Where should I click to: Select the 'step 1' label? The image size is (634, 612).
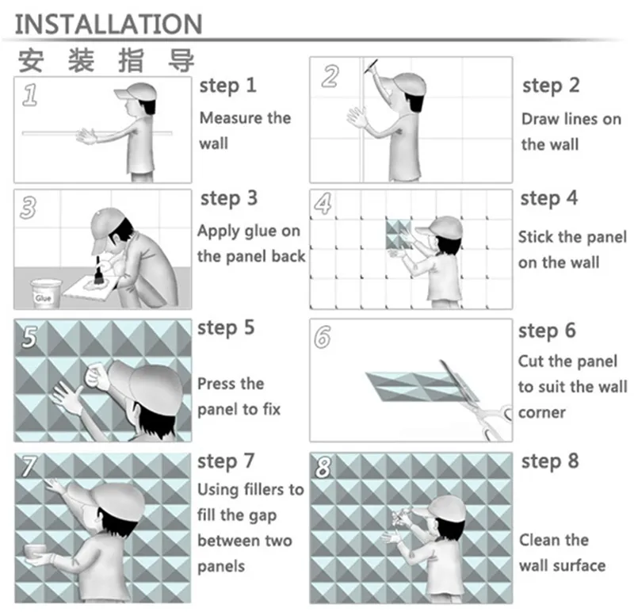(x=227, y=85)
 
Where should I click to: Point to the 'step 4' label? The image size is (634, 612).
(x=549, y=198)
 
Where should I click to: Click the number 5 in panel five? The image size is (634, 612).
(x=29, y=337)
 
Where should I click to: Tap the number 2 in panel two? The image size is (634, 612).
(x=330, y=76)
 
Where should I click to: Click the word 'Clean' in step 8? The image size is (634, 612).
(x=542, y=540)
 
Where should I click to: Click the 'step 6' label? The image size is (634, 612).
(x=548, y=331)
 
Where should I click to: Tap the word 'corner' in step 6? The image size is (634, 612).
(x=541, y=412)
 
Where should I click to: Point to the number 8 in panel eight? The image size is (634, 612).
(x=323, y=468)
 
